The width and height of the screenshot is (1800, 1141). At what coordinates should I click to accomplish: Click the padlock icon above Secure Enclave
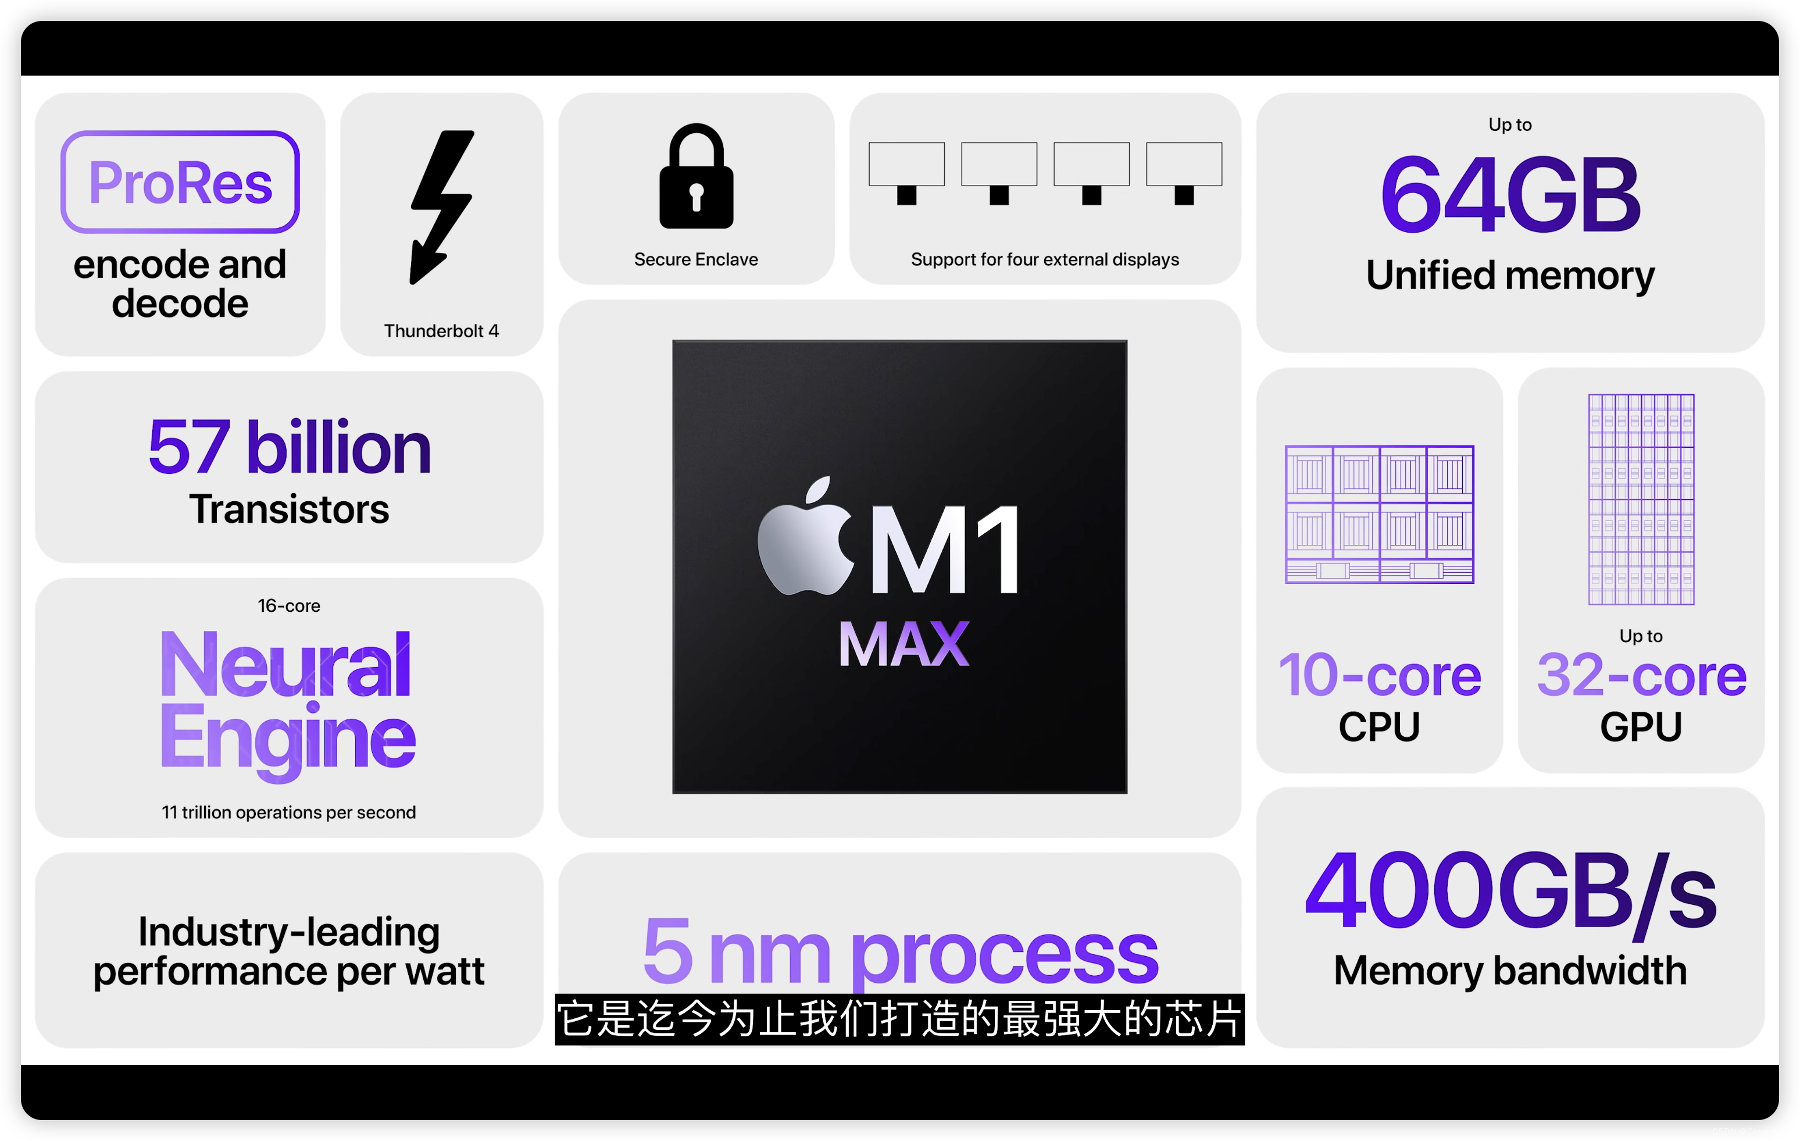[x=696, y=177]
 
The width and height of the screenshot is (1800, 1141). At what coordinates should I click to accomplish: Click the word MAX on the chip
[x=903, y=644]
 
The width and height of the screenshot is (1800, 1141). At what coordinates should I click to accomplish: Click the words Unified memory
[x=1510, y=275]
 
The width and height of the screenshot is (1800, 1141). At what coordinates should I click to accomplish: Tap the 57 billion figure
[x=290, y=447]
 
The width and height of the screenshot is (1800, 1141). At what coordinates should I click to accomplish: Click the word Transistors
[x=290, y=509]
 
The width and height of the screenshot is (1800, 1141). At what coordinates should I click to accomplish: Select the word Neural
[x=285, y=664]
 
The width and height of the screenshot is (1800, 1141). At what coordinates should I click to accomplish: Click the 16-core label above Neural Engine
[x=290, y=605]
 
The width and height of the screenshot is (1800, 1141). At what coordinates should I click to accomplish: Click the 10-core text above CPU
[x=1380, y=675]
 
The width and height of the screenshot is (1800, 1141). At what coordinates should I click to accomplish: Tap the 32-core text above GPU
[x=1641, y=675]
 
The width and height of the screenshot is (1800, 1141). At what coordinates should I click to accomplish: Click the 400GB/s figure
[x=1510, y=892]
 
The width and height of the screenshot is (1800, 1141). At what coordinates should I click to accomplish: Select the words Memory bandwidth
[x=1510, y=971]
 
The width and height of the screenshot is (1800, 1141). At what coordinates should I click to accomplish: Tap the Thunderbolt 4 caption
[x=441, y=331]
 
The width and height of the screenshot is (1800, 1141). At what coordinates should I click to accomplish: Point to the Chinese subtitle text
[x=900, y=1018]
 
